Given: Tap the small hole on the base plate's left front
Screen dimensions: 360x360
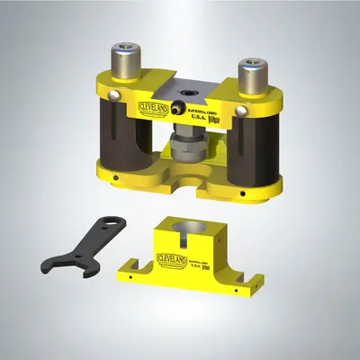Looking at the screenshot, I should pos(118,178).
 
